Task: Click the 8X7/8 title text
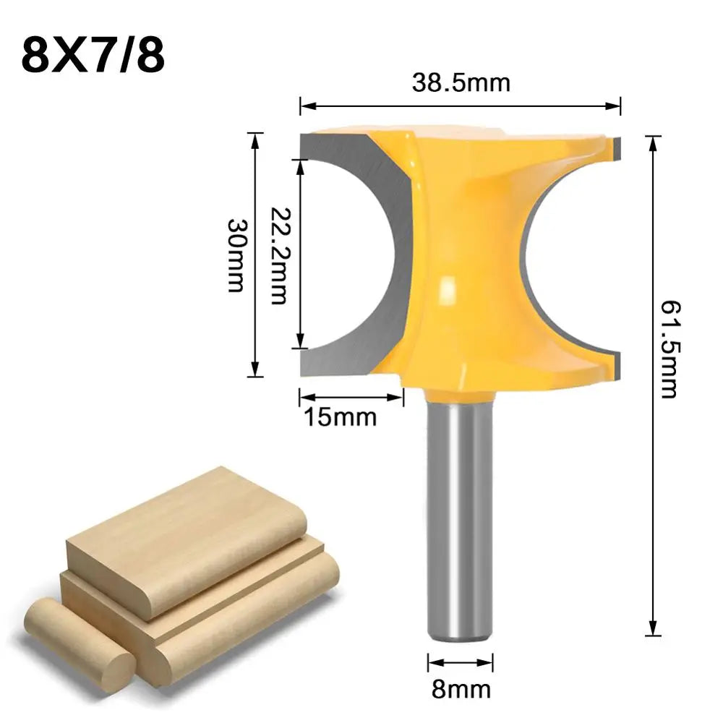click(x=93, y=56)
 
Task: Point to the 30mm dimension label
click(x=236, y=254)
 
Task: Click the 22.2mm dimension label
click(x=278, y=254)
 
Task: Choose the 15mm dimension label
click(x=340, y=417)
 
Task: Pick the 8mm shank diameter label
click(x=461, y=689)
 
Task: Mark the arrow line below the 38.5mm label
click(x=461, y=106)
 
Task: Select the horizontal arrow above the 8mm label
click(x=461, y=661)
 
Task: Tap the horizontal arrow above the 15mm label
click(x=351, y=396)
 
